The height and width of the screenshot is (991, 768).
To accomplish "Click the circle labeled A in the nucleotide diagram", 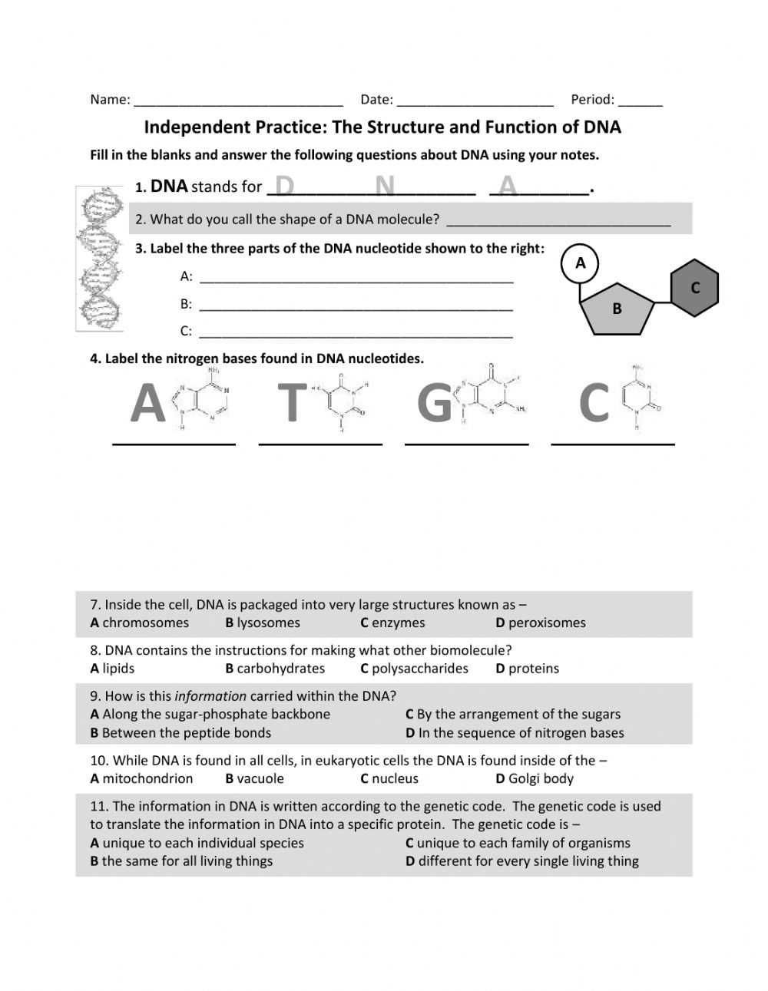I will pyautogui.click(x=580, y=263).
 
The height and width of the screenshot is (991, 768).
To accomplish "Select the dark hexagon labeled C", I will pyautogui.click(x=695, y=288).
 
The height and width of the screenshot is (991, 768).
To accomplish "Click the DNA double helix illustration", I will pyautogui.click(x=99, y=259).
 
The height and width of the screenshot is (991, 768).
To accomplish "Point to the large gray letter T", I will pyautogui.click(x=291, y=403).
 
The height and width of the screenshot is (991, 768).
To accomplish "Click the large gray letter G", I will pyautogui.click(x=435, y=403).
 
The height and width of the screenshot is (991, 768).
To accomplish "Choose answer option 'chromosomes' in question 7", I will pyautogui.click(x=145, y=623).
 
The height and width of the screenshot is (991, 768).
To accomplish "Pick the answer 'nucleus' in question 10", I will pyautogui.click(x=395, y=778).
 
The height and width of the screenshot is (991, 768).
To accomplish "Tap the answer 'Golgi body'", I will pyautogui.click(x=541, y=778).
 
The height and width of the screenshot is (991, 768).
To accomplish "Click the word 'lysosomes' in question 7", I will pyautogui.click(x=268, y=623).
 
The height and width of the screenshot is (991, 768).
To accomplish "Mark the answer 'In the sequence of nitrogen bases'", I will pyautogui.click(x=521, y=732).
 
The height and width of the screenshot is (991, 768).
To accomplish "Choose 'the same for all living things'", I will pyautogui.click(x=187, y=861).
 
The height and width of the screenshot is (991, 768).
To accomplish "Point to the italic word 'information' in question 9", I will pyautogui.click(x=210, y=696).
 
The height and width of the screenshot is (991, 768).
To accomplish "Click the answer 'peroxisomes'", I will pyautogui.click(x=547, y=623).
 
